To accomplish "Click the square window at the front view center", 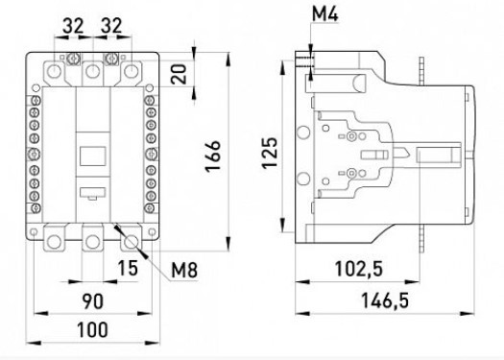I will (x=91, y=155).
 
